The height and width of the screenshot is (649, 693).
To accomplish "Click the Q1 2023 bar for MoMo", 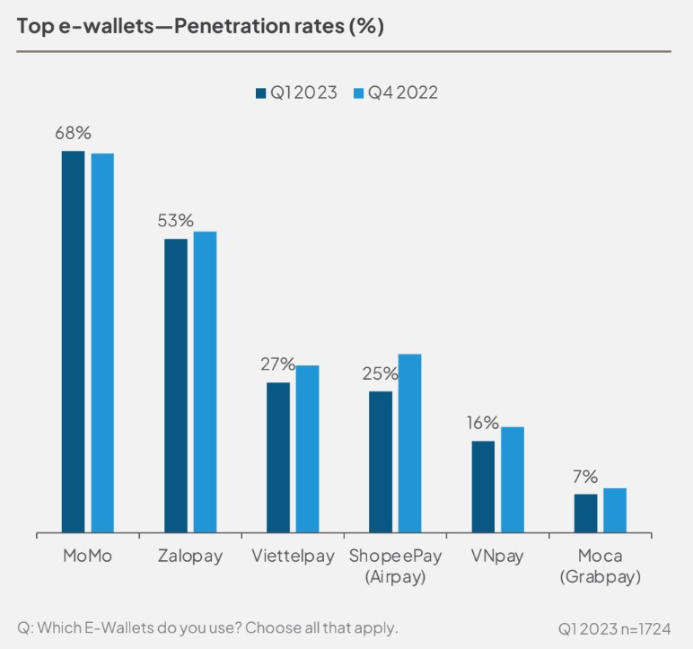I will click(73, 341).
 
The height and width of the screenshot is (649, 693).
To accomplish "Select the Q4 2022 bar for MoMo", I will click(102, 343).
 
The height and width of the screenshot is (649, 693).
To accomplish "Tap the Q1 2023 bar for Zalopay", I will click(176, 385).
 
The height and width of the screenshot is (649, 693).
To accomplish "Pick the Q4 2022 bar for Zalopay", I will click(206, 382).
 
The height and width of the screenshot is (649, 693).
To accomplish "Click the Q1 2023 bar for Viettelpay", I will click(278, 457).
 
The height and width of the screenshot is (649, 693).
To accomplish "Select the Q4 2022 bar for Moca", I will click(615, 510).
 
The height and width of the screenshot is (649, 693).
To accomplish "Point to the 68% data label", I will click(73, 134).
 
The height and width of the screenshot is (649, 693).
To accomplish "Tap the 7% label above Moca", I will click(586, 477).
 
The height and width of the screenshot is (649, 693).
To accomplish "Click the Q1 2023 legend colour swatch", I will click(261, 92).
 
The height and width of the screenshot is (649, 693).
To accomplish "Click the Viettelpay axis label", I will click(294, 557).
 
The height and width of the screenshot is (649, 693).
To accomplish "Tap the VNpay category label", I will click(497, 557).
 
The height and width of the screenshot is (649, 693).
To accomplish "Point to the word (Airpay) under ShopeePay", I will click(395, 577).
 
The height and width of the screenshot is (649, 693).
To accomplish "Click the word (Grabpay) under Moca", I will click(600, 577).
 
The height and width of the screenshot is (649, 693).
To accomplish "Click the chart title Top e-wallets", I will click(200, 26).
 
